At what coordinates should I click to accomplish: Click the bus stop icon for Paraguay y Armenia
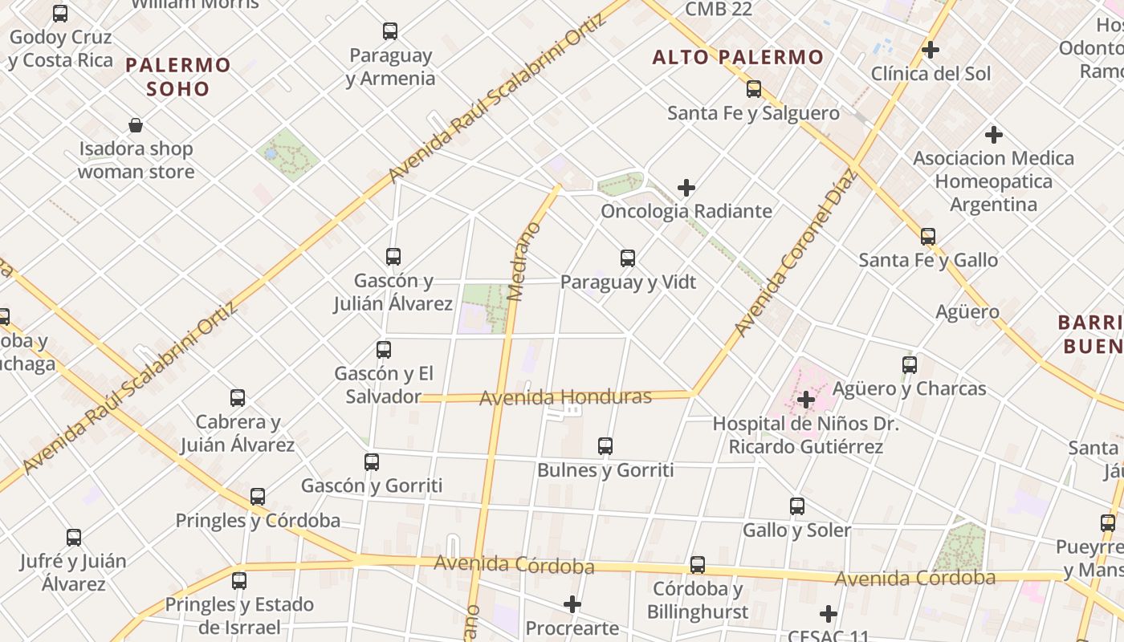pyautogui.click(x=390, y=32)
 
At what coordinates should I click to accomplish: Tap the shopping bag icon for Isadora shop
pyautogui.click(x=136, y=125)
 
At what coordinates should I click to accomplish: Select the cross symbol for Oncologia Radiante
pyautogui.click(x=686, y=188)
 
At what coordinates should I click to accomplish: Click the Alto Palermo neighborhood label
pyautogui.click(x=738, y=57)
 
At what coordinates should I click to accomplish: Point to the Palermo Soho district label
pyautogui.click(x=178, y=76)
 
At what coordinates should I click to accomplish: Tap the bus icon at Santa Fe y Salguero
pyautogui.click(x=754, y=89)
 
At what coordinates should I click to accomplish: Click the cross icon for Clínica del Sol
pyautogui.click(x=931, y=50)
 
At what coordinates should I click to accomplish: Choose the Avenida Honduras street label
pyautogui.click(x=565, y=397)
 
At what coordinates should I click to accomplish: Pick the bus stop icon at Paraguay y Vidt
pyautogui.click(x=628, y=258)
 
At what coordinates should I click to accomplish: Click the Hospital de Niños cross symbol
pyautogui.click(x=806, y=399)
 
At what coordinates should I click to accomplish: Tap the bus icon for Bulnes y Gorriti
pyautogui.click(x=605, y=446)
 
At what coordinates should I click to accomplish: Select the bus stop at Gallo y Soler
pyautogui.click(x=797, y=506)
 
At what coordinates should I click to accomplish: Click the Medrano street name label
pyautogui.click(x=525, y=262)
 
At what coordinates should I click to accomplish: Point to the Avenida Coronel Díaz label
pyautogui.click(x=796, y=253)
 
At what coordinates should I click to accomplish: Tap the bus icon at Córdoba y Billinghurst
pyautogui.click(x=698, y=565)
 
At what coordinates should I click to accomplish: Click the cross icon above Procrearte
pyautogui.click(x=572, y=603)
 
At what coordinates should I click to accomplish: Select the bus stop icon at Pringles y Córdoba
pyautogui.click(x=258, y=497)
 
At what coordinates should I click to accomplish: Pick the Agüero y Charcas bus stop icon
pyautogui.click(x=910, y=365)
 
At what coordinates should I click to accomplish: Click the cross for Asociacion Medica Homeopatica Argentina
pyautogui.click(x=994, y=134)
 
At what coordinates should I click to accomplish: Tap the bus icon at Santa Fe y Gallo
pyautogui.click(x=928, y=237)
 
